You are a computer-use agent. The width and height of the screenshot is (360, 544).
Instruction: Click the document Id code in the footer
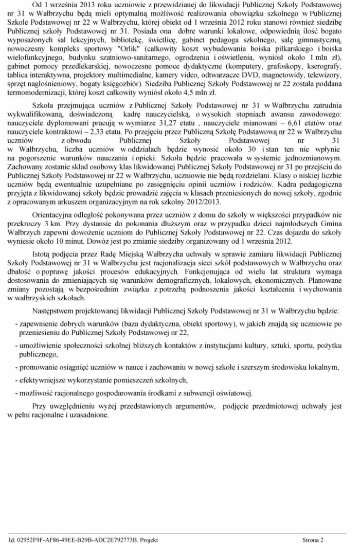77,540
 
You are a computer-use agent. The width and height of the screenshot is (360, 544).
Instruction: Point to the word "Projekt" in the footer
148,540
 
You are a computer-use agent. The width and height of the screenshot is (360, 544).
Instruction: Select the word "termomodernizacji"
35,93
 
